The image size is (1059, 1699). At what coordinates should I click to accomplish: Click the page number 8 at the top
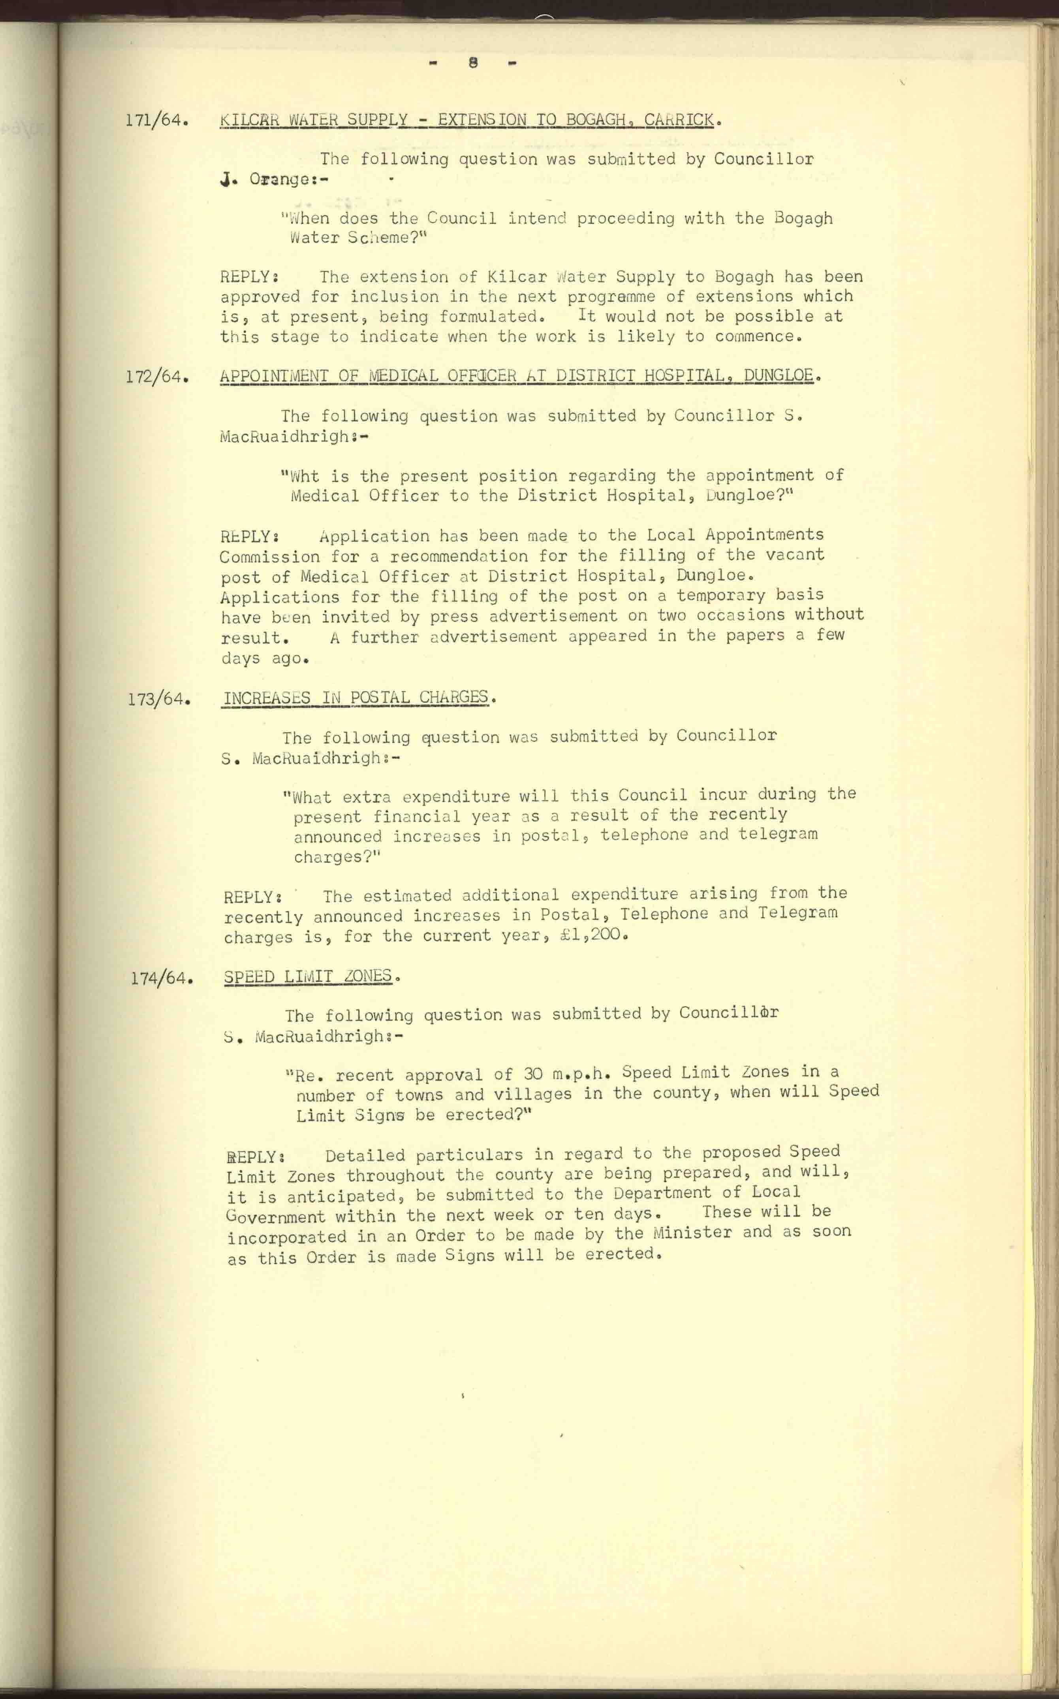coord(474,62)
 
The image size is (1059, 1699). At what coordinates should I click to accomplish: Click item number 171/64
coord(156,120)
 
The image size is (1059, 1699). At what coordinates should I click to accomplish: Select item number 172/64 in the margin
coord(156,377)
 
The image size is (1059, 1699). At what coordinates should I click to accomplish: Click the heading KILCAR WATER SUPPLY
coord(314,120)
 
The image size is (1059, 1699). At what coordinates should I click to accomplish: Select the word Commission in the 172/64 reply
coord(270,557)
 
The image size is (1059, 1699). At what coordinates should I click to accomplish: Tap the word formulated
coord(490,316)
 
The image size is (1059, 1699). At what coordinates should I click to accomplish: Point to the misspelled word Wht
coord(305,476)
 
